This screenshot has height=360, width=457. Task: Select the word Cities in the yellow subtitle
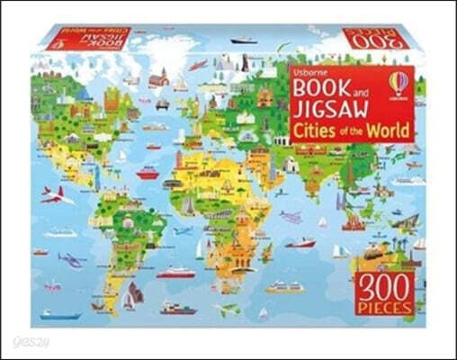(x=317, y=130)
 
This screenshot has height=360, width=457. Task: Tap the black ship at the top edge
(x=244, y=40)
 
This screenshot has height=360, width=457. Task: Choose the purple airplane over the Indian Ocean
(x=291, y=217)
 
